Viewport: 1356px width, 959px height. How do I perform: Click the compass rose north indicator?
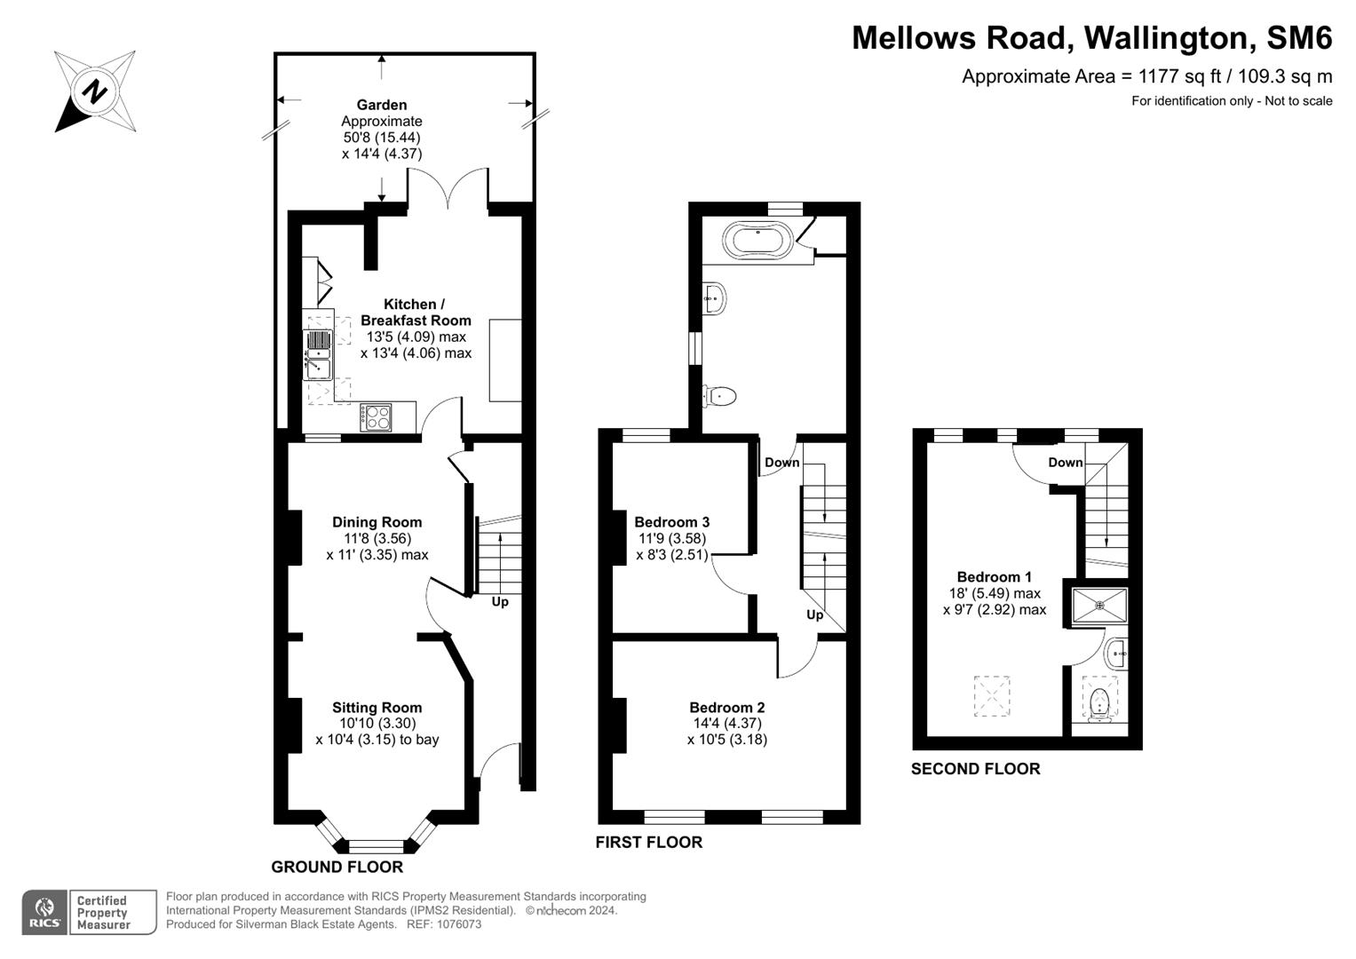94,91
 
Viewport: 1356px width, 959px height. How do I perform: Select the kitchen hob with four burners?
376,417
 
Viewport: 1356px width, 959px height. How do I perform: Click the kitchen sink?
318,354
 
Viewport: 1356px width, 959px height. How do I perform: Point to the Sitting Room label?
377,708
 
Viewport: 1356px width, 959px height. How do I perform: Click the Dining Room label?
377,522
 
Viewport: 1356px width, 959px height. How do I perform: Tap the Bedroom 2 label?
726,708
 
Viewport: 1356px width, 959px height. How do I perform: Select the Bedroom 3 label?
671,522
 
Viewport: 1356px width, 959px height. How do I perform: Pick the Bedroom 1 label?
994,577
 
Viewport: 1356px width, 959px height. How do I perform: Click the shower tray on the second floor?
1099,606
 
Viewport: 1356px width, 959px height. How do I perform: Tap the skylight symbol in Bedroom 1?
992,696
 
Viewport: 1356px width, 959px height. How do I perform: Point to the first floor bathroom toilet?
719,396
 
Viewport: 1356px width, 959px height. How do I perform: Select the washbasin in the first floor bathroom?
715,298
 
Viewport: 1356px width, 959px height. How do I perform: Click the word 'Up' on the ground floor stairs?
500,602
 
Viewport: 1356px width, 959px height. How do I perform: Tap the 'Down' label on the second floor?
1065,463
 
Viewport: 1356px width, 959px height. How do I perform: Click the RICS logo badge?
44,912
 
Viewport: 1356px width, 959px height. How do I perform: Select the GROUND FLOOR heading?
337,867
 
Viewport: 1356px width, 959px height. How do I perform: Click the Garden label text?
382,105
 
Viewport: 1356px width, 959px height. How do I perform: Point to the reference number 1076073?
456,924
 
